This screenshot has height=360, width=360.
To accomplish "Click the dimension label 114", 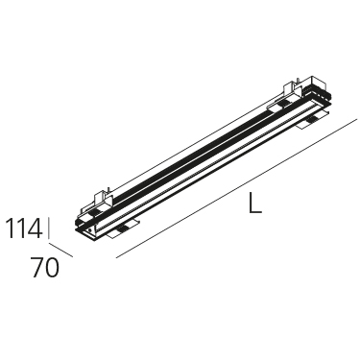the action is tap(24, 228).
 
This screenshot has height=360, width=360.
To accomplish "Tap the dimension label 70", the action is tap(45, 268).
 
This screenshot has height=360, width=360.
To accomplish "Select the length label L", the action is tap(255, 202).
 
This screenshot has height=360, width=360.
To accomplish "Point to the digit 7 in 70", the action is tap(36, 268).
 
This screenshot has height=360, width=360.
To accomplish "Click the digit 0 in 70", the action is tap(52, 268).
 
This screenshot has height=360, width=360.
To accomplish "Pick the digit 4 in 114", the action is tap(34, 228).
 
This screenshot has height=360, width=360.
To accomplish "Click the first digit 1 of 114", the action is tap(11, 228).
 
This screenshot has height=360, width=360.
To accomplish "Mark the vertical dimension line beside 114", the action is tap(49, 228).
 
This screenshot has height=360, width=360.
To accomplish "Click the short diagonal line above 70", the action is tap(60, 250).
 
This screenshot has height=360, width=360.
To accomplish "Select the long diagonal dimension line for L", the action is tap(236, 188).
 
